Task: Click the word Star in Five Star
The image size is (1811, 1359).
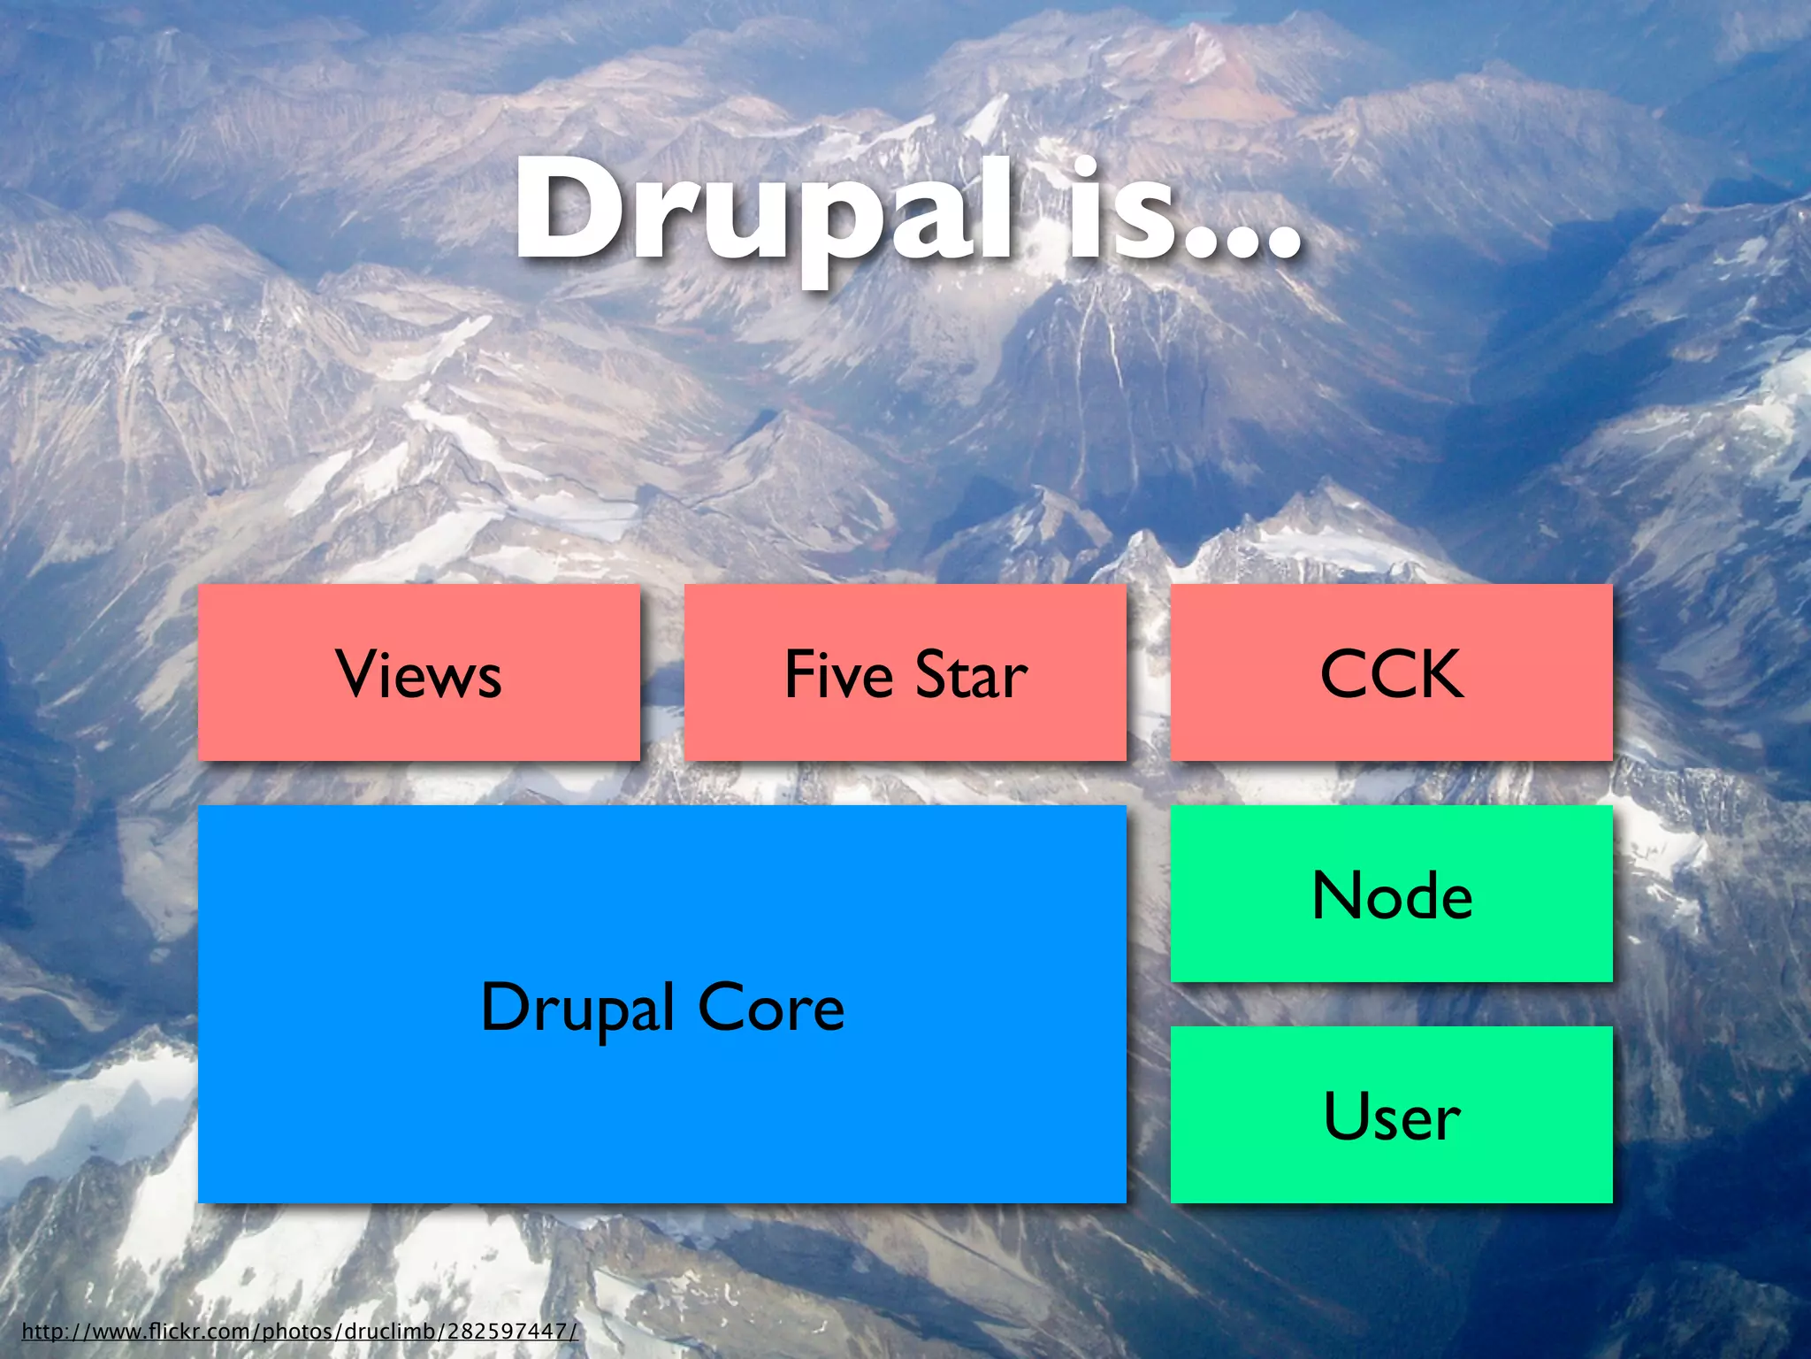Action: [x=971, y=675]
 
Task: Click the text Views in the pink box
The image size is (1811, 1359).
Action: [x=418, y=675]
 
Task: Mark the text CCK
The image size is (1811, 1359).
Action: [x=1391, y=675]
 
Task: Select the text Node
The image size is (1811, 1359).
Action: [x=1392, y=895]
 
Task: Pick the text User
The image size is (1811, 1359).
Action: [x=1392, y=1117]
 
